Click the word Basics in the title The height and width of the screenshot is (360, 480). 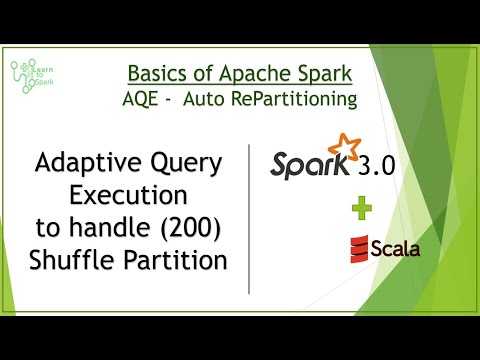coord(155,73)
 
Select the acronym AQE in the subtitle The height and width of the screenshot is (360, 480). coord(140,99)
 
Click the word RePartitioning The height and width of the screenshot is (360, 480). coord(294,99)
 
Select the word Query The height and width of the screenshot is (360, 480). coord(186,163)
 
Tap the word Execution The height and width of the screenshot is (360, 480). coord(128,195)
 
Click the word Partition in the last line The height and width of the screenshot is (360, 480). coord(175,259)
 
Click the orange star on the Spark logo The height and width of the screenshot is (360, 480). coord(344,146)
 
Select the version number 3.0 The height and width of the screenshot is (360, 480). coord(376,166)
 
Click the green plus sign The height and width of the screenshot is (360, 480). coord(362,208)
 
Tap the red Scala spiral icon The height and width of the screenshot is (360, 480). coord(359,249)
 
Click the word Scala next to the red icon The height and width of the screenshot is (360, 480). coord(395,249)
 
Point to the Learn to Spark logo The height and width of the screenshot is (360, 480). coord(32,76)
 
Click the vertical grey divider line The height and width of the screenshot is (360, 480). coord(249,219)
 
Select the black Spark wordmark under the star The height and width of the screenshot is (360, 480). coord(310,165)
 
